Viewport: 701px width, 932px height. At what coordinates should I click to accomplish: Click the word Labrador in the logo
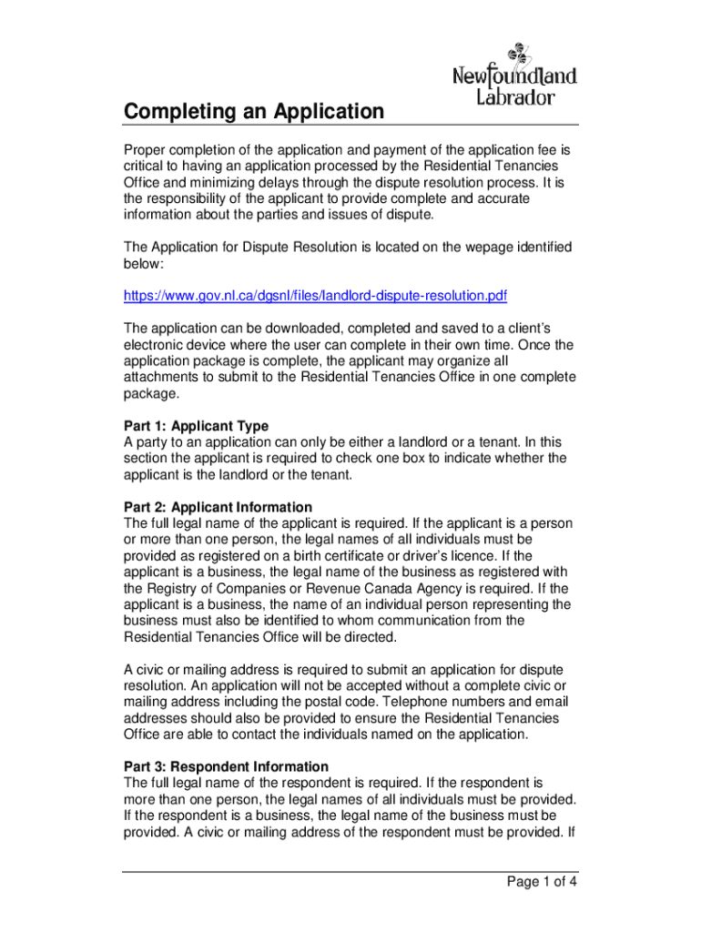pos(515,96)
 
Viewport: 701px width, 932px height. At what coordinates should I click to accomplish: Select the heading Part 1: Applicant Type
pos(196,426)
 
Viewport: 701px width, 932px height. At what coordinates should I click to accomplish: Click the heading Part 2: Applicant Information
pos(218,507)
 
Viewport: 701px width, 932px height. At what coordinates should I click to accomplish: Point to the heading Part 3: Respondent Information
pos(226,766)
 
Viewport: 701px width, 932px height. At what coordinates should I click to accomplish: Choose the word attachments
pos(165,378)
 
